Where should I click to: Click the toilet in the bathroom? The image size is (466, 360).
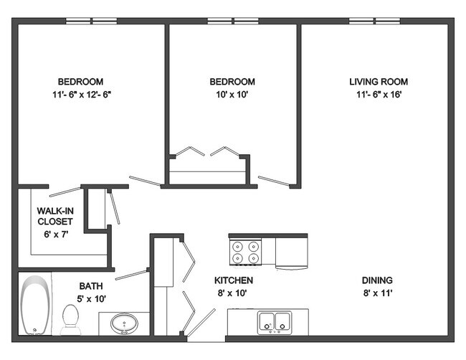pyautogui.click(x=71, y=320)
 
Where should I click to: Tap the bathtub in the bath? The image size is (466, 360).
pyautogui.click(x=35, y=305)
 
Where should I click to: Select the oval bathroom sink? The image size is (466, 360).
pyautogui.click(x=124, y=323)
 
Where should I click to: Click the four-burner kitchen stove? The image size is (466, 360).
pyautogui.click(x=246, y=252)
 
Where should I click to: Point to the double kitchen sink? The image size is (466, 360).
pyautogui.click(x=275, y=323)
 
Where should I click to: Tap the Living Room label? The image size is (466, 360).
pyautogui.click(x=379, y=82)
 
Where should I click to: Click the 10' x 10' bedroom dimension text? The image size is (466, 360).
pyautogui.click(x=232, y=95)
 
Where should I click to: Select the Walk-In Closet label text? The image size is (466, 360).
pyautogui.click(x=55, y=216)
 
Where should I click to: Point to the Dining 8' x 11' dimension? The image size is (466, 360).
pyautogui.click(x=378, y=293)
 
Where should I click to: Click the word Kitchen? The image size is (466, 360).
pyautogui.click(x=234, y=280)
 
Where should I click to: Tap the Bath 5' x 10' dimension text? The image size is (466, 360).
pyautogui.click(x=91, y=299)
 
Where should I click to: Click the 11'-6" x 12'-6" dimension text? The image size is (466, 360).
pyautogui.click(x=82, y=95)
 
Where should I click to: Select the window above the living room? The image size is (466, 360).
pyautogui.click(x=374, y=21)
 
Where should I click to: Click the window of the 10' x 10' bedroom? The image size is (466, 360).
pyautogui.click(x=233, y=21)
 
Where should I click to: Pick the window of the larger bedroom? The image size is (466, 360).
pyautogui.click(x=91, y=21)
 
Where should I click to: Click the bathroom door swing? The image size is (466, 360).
pyautogui.click(x=131, y=275)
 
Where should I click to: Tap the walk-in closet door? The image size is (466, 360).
pyautogui.click(x=65, y=191)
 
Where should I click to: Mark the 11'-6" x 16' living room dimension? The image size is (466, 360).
pyautogui.click(x=379, y=95)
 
